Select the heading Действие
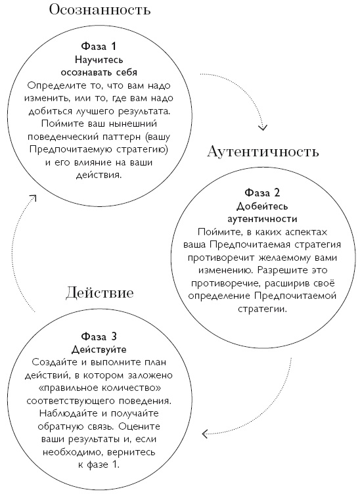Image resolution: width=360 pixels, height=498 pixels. pyautogui.click(x=100, y=292)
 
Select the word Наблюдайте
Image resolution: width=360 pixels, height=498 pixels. pyautogui.click(x=66, y=413)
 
